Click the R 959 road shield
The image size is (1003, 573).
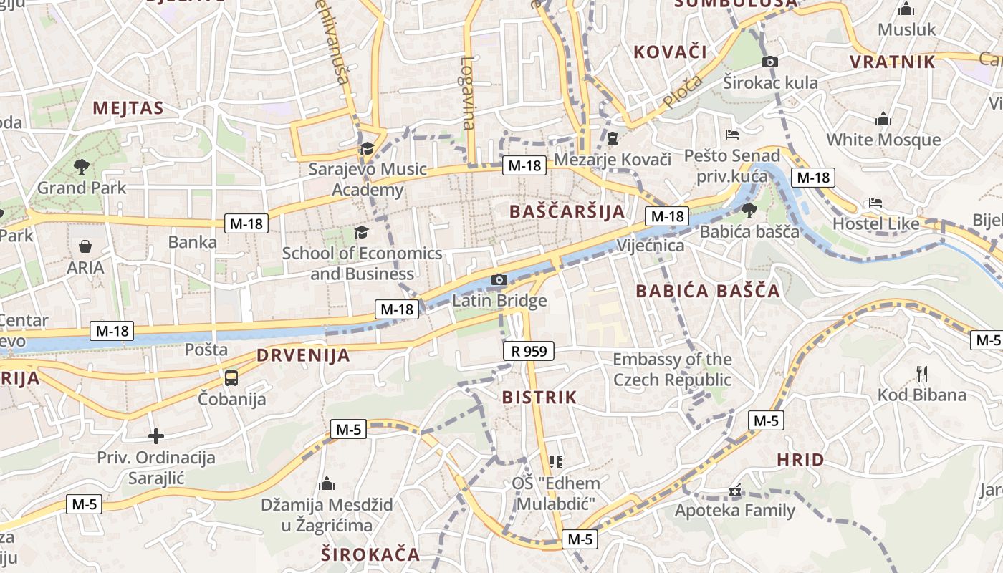pyautogui.click(x=529, y=351)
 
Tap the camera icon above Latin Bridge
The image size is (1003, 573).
pyautogui.click(x=499, y=280)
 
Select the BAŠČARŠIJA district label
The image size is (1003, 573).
pyautogui.click(x=567, y=211)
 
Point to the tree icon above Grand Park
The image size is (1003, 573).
pyautogui.click(x=81, y=167)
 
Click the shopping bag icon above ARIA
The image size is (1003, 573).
pyautogui.click(x=85, y=247)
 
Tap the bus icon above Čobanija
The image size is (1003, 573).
pyautogui.click(x=231, y=377)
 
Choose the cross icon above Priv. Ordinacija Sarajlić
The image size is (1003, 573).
pyautogui.click(x=155, y=435)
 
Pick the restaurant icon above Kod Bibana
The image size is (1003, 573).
pyautogui.click(x=922, y=373)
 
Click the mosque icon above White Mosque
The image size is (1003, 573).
pyautogui.click(x=883, y=119)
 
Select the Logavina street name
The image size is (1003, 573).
pyautogui.click(x=469, y=93)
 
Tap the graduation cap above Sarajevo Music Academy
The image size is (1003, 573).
pyautogui.click(x=367, y=148)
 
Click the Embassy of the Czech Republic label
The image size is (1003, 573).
pyautogui.click(x=672, y=370)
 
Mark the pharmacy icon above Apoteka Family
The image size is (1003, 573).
pyautogui.click(x=735, y=491)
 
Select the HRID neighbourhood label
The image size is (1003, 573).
pyautogui.click(x=800, y=460)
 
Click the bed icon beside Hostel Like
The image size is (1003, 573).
pyautogui.click(x=875, y=203)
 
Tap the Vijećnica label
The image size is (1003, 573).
pyautogui.click(x=651, y=246)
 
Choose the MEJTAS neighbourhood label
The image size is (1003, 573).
pyautogui.click(x=128, y=108)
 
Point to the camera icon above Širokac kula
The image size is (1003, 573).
pyautogui.click(x=770, y=62)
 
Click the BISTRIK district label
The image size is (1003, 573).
pyautogui.click(x=539, y=398)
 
